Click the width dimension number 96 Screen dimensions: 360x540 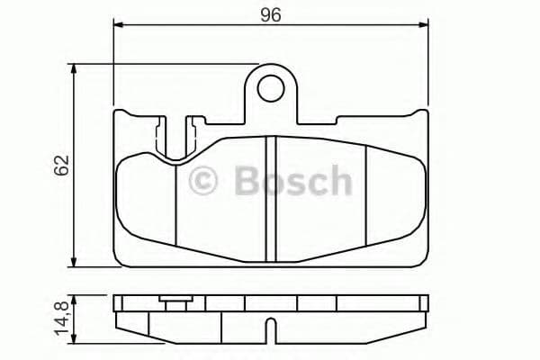point(270,14)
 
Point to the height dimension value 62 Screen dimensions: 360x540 point(61,166)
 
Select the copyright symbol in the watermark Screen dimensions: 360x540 point(204,181)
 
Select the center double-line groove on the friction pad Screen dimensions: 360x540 point(270,193)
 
